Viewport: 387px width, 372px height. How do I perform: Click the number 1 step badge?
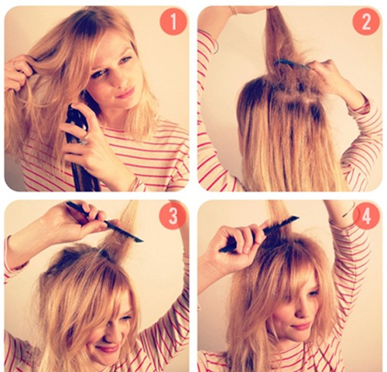tap(173, 22)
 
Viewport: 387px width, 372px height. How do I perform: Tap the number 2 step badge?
tap(366, 22)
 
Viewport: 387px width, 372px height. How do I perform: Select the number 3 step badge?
tap(173, 216)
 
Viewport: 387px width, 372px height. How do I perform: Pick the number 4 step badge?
tap(366, 216)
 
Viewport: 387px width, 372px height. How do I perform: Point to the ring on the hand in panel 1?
tap(84, 141)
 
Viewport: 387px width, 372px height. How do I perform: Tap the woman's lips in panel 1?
tap(125, 92)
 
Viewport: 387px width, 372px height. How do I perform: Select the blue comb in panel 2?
tap(292, 64)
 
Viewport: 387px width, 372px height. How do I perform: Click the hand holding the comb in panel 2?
tap(327, 75)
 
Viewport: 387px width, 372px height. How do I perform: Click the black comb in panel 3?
tap(103, 221)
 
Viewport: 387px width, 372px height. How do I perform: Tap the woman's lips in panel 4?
tap(300, 326)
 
